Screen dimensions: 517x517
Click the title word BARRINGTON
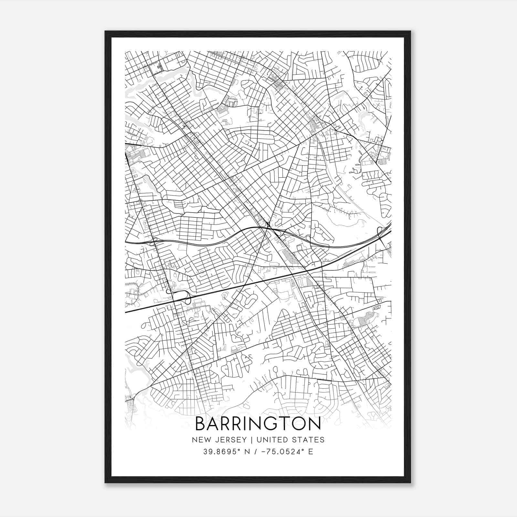click(x=258, y=424)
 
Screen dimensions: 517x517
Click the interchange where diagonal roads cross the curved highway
click(x=270, y=226)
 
